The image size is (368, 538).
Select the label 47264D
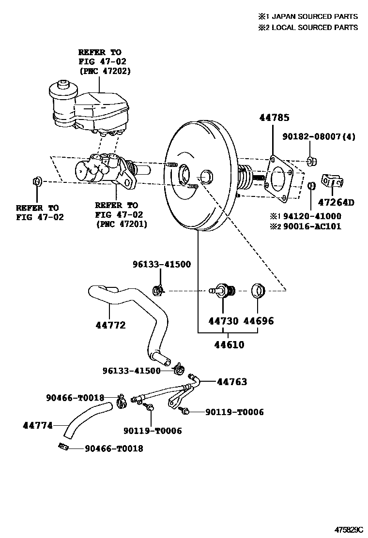[336, 202]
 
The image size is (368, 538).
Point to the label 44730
[224, 321]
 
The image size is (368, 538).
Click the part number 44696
[258, 321]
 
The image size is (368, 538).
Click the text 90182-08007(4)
[320, 137]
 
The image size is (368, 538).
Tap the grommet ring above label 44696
[258, 291]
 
